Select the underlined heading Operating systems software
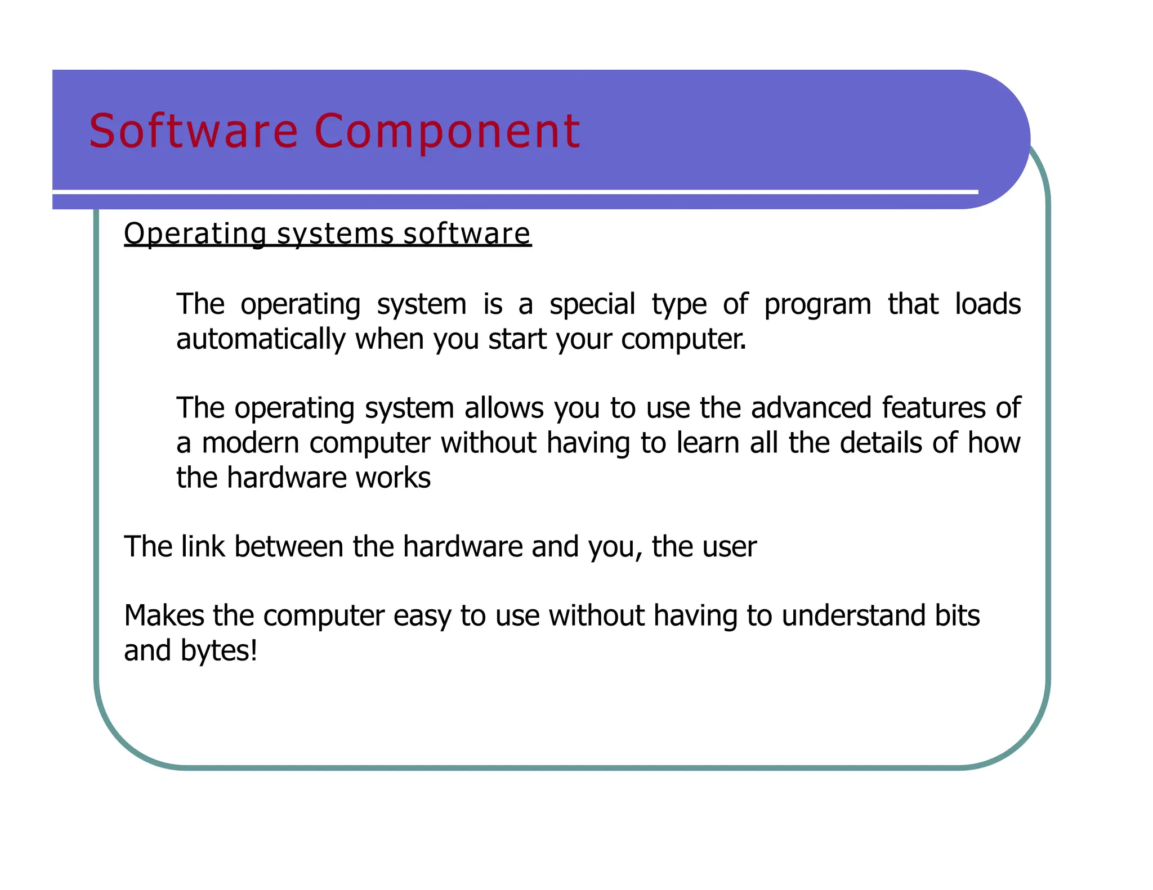pyautogui.click(x=327, y=233)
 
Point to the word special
pyautogui.click(x=592, y=304)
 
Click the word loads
pyautogui.click(x=987, y=304)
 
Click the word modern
pyautogui.click(x=251, y=443)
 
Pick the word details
pyautogui.click(x=881, y=443)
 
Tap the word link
pyautogui.click(x=203, y=546)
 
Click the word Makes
pyautogui.click(x=164, y=615)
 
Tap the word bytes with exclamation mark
pyautogui.click(x=219, y=651)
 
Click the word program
pyautogui.click(x=817, y=304)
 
